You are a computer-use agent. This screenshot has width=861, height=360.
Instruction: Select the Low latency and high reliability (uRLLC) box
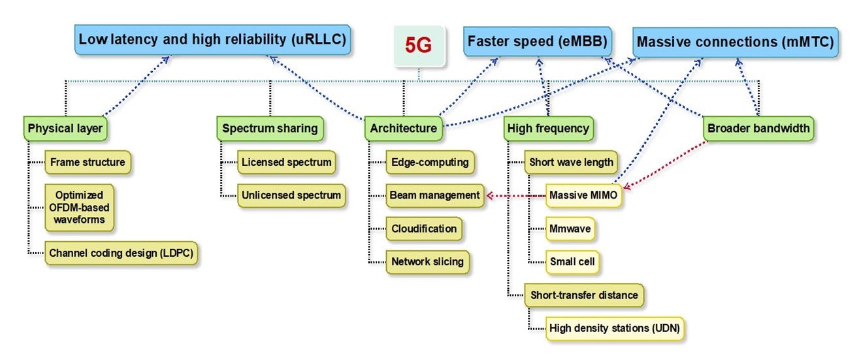tap(212, 40)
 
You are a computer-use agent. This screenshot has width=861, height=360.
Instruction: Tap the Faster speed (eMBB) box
tap(538, 42)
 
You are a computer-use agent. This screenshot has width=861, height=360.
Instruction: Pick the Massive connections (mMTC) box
tap(736, 42)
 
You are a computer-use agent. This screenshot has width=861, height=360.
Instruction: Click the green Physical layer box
tap(65, 129)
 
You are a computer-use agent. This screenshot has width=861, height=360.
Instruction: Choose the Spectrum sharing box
tap(270, 129)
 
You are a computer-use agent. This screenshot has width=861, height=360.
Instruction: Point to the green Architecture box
tap(404, 129)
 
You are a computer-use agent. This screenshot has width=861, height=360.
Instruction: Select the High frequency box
tap(549, 129)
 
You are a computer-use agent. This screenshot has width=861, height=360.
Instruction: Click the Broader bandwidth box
tap(758, 129)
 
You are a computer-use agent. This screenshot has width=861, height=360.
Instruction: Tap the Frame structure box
tap(88, 162)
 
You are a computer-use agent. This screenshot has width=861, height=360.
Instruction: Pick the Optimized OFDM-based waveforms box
tap(79, 208)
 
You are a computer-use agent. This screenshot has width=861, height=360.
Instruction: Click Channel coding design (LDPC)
tap(121, 253)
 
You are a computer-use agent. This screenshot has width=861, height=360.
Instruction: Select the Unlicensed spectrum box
tap(291, 195)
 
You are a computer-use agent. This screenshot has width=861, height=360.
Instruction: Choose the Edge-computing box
tap(430, 162)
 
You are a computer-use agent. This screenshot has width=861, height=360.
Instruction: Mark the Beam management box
tap(434, 195)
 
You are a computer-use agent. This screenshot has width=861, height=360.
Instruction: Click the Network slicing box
tap(427, 262)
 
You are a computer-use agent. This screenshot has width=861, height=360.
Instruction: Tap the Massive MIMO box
tap(583, 195)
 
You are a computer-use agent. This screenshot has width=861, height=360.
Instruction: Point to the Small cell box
tap(572, 262)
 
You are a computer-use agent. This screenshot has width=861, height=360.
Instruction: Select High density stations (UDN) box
tap(615, 329)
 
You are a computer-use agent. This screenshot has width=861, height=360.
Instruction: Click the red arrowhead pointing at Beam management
tap(490, 196)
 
